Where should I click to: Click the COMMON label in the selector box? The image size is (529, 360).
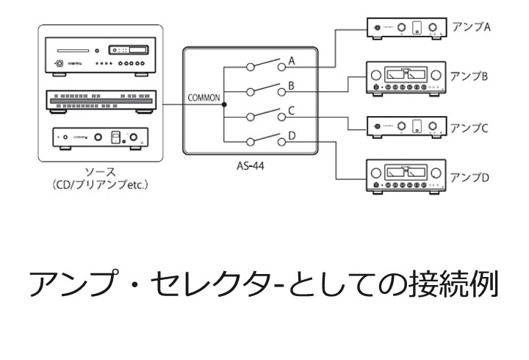pyautogui.click(x=204, y=97)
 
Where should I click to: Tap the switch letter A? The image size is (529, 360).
pyautogui.click(x=292, y=60)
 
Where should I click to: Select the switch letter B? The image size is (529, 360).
pyautogui.click(x=292, y=85)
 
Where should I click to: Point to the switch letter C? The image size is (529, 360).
pyautogui.click(x=292, y=111)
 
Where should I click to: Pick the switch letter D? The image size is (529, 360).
pyautogui.click(x=292, y=135)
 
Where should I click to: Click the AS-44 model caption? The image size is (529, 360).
pyautogui.click(x=251, y=166)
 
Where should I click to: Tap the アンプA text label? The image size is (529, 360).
pyautogui.click(x=470, y=26)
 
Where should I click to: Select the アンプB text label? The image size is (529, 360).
pyautogui.click(x=470, y=76)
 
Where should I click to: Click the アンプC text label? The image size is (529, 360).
pyautogui.click(x=470, y=126)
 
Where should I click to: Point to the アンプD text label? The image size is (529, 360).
pyautogui.click(x=470, y=177)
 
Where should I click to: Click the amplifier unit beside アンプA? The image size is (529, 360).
pyautogui.click(x=406, y=28)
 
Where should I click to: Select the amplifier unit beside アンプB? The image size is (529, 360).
pyautogui.click(x=406, y=78)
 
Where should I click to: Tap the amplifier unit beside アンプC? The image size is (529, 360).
pyautogui.click(x=406, y=127)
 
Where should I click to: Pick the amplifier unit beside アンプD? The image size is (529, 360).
pyautogui.click(x=406, y=177)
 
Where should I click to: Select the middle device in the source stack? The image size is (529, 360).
pyautogui.click(x=101, y=101)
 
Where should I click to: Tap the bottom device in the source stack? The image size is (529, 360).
pyautogui.click(x=101, y=137)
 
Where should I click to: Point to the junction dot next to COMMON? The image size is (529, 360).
pyautogui.click(x=224, y=104)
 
